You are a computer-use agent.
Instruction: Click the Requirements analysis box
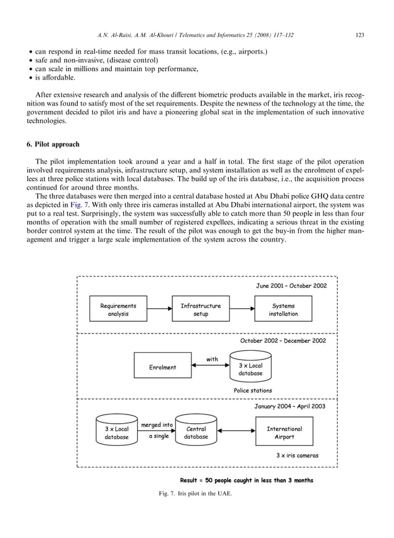119,309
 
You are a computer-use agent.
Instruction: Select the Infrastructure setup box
200,309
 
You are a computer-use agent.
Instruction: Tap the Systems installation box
283,309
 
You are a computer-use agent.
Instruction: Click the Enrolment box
162,367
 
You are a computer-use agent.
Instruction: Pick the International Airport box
284,432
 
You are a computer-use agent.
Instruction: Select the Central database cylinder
196,432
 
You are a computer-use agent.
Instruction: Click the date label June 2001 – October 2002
291,285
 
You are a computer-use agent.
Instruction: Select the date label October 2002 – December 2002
283,340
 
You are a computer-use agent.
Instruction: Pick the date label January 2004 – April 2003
290,407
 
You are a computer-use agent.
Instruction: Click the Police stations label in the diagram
252,390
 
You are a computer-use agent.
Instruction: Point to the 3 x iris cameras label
297,456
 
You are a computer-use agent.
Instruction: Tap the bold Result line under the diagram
246,480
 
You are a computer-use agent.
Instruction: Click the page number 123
360,35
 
